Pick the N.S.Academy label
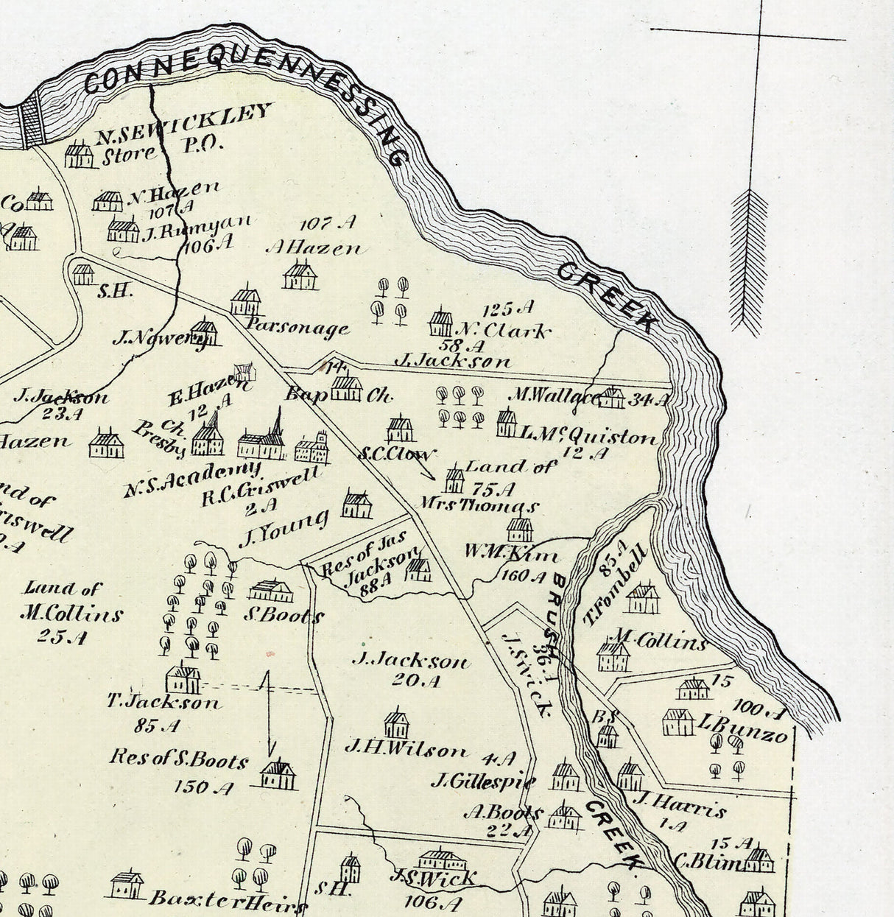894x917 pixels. tap(191, 479)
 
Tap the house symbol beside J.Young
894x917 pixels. tap(357, 505)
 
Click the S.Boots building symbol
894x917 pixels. tap(270, 591)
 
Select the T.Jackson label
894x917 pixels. tap(163, 702)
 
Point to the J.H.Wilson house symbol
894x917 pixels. tap(396, 724)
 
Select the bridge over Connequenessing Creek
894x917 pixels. tap(32, 122)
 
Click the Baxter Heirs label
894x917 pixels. tap(227, 900)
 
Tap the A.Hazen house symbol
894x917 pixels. tap(300, 275)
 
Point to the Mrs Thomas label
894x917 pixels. tap(479, 506)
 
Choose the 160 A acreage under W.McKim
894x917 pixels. tap(523, 575)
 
